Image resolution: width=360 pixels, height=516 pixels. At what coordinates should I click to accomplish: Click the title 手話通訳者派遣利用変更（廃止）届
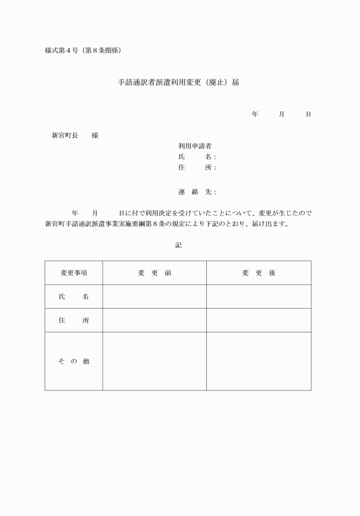(x=178, y=82)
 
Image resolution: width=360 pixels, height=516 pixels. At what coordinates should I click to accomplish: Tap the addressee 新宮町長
(x=65, y=135)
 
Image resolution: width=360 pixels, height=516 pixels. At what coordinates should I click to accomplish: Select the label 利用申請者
(x=195, y=146)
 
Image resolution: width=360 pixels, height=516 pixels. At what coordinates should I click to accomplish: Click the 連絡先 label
(x=195, y=192)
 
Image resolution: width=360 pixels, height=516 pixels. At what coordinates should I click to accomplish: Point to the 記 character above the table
(x=178, y=245)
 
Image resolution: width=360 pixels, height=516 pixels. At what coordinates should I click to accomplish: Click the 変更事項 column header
(x=74, y=273)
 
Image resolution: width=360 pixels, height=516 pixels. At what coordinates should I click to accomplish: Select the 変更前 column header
(x=154, y=273)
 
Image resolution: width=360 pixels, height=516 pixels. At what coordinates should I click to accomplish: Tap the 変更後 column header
(x=259, y=273)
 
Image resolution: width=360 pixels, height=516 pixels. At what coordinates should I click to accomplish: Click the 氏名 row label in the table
(x=74, y=297)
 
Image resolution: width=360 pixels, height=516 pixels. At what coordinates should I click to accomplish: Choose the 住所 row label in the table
(x=74, y=321)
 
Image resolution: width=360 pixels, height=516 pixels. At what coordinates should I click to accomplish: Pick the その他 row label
(x=74, y=361)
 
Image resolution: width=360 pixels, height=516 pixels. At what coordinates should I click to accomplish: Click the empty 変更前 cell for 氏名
(x=154, y=297)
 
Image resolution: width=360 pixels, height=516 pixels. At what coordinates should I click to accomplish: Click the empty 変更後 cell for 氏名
(x=259, y=297)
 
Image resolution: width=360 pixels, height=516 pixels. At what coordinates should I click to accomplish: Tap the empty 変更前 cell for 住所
(x=154, y=321)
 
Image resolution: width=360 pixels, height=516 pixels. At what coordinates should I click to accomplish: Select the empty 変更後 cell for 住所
(x=259, y=321)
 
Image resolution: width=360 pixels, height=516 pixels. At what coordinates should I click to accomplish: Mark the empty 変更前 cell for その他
(x=154, y=361)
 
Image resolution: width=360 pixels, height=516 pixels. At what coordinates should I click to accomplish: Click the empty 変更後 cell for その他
(x=259, y=361)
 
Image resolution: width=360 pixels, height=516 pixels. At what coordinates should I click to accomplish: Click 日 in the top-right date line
(x=309, y=114)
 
